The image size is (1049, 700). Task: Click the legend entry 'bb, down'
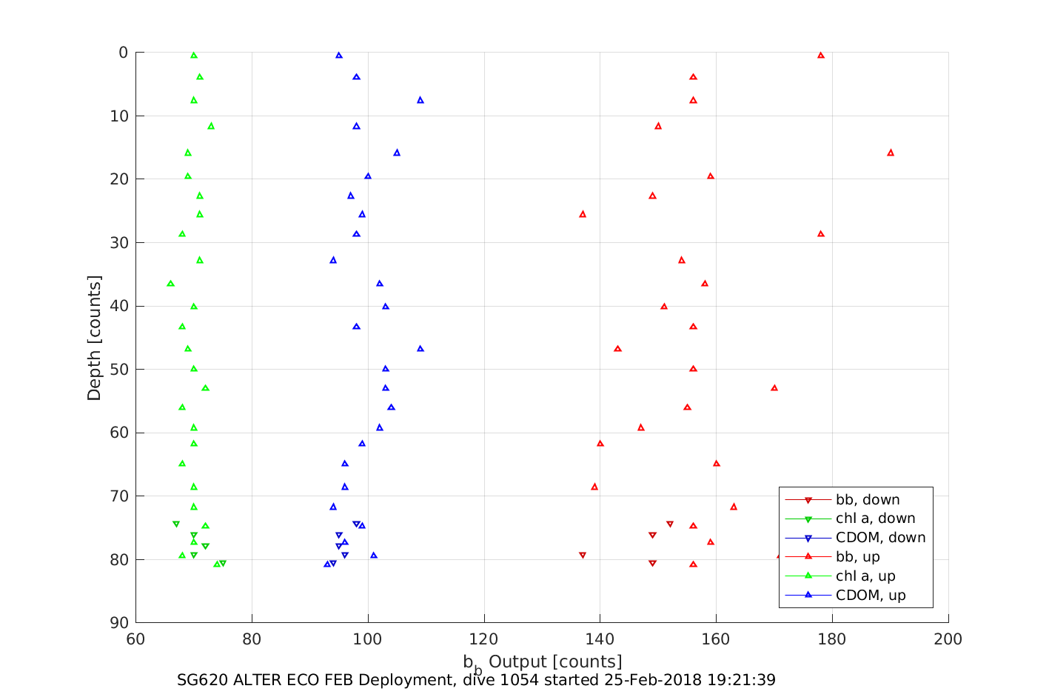click(867, 500)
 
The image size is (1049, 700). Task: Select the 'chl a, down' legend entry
click(875, 519)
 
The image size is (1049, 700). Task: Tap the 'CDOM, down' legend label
click(880, 539)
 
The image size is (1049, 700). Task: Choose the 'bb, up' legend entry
click(857, 558)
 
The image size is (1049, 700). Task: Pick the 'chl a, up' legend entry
click(865, 577)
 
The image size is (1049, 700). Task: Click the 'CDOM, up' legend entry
click(871, 596)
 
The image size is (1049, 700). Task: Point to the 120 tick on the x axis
click(484, 639)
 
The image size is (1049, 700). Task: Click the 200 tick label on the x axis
click(948, 639)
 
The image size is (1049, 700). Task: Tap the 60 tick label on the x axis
click(135, 639)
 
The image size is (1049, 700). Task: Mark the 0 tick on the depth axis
click(124, 53)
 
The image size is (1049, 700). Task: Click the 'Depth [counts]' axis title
click(94, 338)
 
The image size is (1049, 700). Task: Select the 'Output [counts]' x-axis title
click(554, 661)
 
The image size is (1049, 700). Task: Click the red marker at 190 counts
click(891, 153)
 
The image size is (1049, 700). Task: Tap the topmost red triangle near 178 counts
click(821, 56)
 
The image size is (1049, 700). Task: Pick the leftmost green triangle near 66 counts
click(170, 284)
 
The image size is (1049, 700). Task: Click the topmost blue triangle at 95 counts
click(339, 56)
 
